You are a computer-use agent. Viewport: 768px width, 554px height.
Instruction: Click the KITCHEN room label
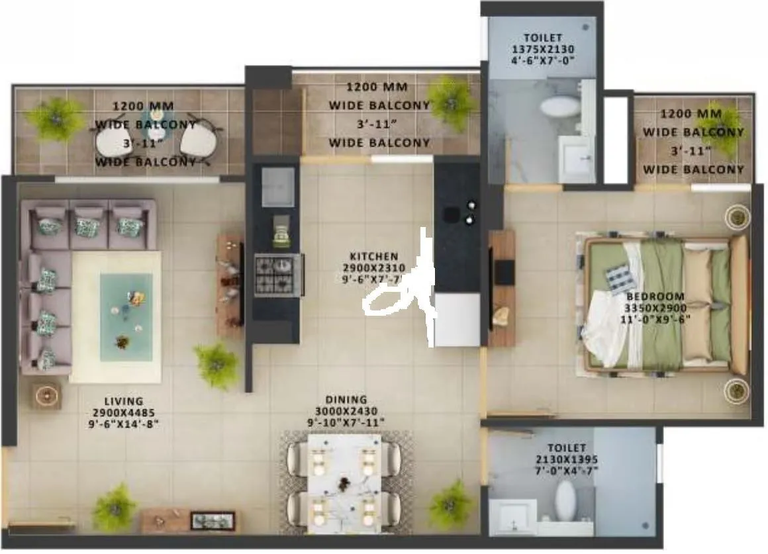click(x=374, y=256)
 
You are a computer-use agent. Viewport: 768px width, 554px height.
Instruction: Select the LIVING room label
click(x=123, y=401)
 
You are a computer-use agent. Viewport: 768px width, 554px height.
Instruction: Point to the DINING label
click(x=346, y=400)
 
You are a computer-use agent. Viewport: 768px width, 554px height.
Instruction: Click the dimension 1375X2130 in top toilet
click(x=542, y=49)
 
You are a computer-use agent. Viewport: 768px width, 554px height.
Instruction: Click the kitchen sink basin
click(x=278, y=187)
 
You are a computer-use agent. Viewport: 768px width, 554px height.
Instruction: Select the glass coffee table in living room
click(x=126, y=316)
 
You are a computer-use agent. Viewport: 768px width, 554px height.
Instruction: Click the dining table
click(x=344, y=483)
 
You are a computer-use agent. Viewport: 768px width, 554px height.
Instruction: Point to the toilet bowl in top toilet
click(x=559, y=105)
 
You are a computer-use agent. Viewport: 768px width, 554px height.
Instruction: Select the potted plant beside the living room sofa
click(x=216, y=365)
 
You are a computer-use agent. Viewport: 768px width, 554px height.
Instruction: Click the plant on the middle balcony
click(x=452, y=103)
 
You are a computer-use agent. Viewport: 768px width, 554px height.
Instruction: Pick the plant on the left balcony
click(x=56, y=119)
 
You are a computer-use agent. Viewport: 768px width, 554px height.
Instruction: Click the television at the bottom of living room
click(x=213, y=521)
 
